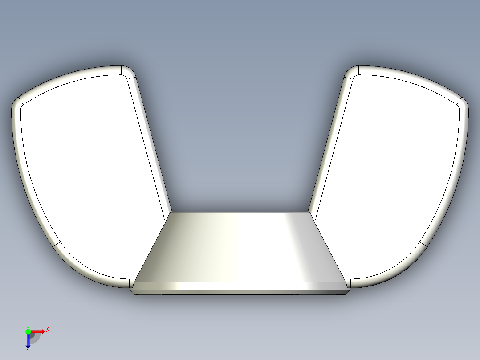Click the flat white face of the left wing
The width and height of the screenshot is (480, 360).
[89, 174]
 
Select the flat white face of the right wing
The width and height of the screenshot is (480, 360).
[392, 174]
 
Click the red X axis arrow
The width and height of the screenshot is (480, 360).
[38, 331]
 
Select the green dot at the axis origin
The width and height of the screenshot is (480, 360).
[28, 331]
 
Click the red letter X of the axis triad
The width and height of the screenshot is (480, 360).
[48, 329]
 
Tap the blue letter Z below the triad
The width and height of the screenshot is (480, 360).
[28, 349]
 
